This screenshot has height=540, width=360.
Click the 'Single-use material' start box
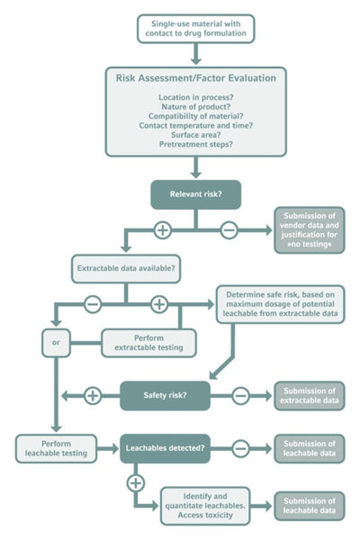point(195,29)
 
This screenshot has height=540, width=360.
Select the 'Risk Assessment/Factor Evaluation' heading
point(195,78)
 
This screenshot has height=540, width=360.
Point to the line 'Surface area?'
point(195,135)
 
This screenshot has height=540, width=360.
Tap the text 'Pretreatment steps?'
point(195,145)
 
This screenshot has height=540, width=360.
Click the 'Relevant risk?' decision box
point(195,194)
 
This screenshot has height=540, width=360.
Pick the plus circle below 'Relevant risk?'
point(163,230)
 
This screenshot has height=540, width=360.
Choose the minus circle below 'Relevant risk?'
point(229,230)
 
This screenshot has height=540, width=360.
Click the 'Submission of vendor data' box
point(310,230)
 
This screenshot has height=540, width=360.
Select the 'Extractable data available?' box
point(125,268)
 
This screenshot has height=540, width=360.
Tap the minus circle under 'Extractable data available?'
point(93,304)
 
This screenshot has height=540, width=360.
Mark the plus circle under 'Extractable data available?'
point(159,304)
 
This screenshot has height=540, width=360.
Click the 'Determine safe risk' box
point(280,304)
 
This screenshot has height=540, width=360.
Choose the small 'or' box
point(56,343)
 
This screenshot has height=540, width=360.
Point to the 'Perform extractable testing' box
point(149,343)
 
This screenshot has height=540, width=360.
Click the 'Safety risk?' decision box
point(165,395)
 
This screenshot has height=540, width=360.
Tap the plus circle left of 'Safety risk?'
point(93,395)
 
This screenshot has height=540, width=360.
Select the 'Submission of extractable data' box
point(310,395)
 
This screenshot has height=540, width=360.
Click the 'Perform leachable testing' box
point(56,448)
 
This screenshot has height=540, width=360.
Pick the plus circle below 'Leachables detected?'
point(136,483)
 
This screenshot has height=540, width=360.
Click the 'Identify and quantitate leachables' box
point(205,506)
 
